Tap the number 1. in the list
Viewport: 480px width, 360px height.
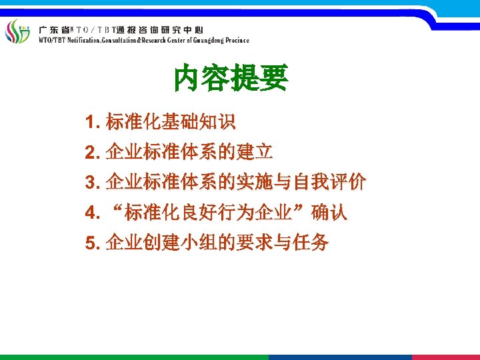point(93,123)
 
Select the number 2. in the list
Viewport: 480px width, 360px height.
point(93,153)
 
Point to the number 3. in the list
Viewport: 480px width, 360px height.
point(93,183)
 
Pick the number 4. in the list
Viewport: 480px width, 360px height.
point(93,213)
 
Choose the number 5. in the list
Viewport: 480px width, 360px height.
point(93,243)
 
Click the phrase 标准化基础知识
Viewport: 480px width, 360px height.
point(170,123)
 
